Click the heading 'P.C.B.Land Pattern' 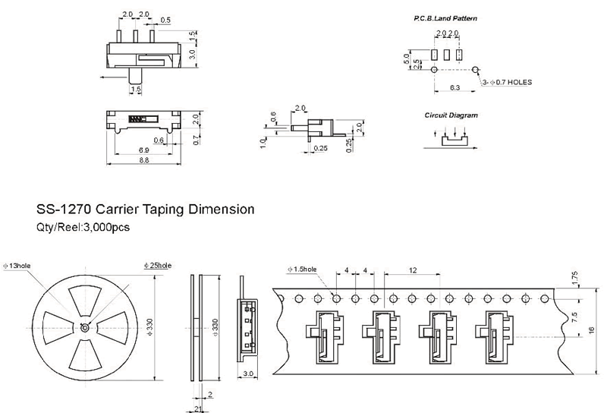(445, 17)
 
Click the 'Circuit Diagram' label (451, 115)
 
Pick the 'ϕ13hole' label (16, 265)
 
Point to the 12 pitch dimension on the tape (413, 270)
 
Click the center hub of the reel (83, 326)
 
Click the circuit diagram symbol (452, 137)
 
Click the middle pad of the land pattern (446, 55)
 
